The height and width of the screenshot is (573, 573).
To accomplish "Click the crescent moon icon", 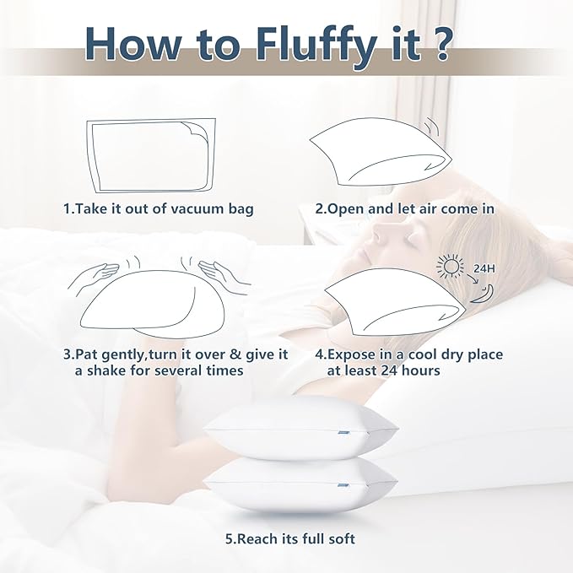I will coord(483,294).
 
